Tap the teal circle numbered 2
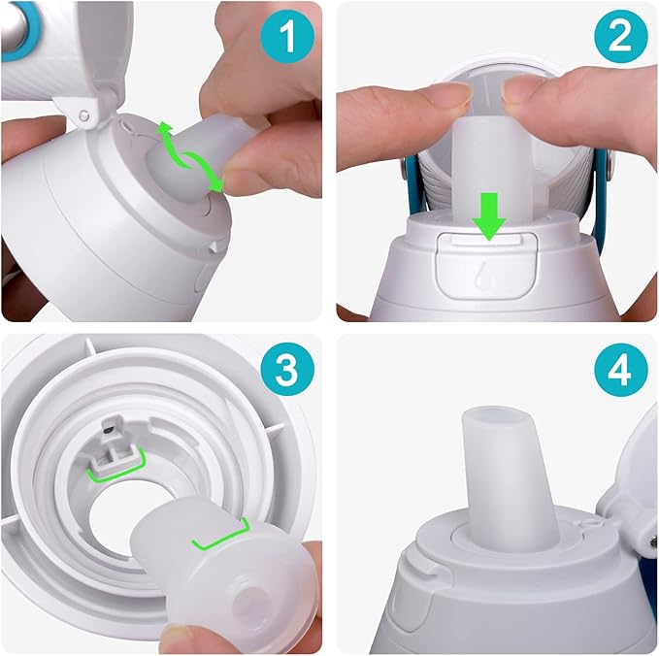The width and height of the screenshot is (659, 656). tap(617, 39)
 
